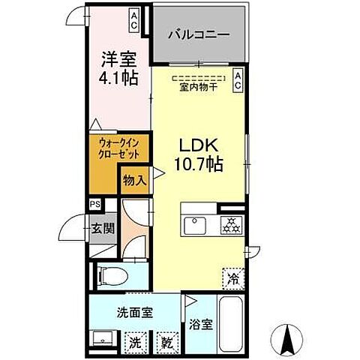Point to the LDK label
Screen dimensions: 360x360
(x=198, y=144)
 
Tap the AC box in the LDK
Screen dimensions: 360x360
(x=237, y=81)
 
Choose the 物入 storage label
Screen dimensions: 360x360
(x=134, y=181)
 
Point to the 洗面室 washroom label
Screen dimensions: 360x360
(x=135, y=313)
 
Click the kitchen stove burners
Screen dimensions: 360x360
(x=229, y=224)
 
